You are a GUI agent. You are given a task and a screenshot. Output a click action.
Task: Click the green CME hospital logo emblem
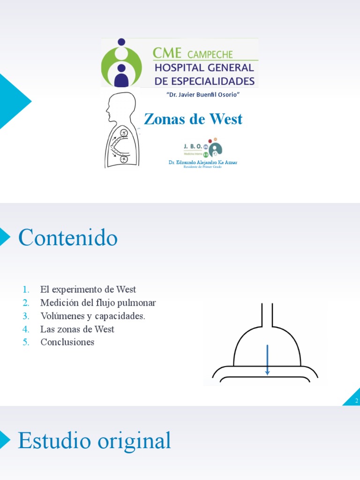coord(121,63)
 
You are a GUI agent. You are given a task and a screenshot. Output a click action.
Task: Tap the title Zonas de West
coord(193,119)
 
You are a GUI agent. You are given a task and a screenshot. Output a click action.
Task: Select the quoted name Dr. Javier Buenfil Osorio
coord(203,95)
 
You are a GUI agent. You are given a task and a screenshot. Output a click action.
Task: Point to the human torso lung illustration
coord(120,131)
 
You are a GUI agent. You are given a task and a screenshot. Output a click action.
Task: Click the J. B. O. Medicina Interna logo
coord(202,148)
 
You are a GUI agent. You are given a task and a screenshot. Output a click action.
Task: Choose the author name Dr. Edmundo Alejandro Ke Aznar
coord(203,162)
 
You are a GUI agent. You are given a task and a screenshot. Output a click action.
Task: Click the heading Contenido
coord(68,238)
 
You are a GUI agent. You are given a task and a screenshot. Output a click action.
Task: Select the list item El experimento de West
coord(88,290)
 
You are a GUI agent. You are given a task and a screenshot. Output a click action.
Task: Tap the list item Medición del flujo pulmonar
coord(98,303)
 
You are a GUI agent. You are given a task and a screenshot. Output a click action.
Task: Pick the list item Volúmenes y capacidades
coord(93,316)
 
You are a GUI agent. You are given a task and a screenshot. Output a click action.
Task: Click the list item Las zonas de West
coord(77,329)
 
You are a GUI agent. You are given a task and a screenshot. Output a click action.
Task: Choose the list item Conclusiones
coord(67,342)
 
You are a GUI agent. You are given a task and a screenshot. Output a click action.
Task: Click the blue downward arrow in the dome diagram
coord(267,360)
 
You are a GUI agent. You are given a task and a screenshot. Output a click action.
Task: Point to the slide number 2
coord(356,401)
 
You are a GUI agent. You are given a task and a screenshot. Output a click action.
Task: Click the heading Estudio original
coord(94,441)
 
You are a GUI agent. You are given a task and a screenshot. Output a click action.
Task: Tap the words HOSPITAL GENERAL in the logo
coord(204,68)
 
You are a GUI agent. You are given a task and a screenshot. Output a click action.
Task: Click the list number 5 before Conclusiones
coord(26,342)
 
